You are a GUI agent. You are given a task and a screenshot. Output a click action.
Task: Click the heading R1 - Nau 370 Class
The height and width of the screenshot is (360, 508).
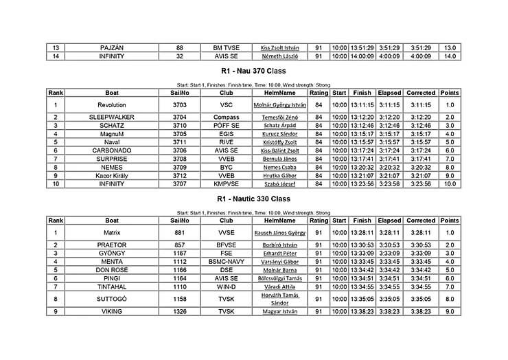click(254, 71)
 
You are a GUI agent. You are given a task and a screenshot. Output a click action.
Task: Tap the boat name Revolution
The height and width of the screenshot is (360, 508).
click(112, 104)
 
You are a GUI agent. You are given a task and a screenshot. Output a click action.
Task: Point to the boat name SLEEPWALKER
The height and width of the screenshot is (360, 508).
click(112, 117)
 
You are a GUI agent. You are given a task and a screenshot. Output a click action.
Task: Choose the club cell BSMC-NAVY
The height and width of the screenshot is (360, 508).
click(227, 262)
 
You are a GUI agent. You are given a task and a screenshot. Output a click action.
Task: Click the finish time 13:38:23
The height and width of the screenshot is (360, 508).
click(362, 311)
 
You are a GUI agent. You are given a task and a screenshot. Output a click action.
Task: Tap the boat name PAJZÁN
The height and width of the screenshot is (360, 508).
click(112, 47)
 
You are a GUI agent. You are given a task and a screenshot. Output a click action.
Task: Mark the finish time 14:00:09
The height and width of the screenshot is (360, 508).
click(362, 56)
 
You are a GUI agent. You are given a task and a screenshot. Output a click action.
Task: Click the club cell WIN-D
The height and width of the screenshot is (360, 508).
click(227, 286)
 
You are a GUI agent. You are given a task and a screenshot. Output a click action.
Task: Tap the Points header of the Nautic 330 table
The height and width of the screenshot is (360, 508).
click(450, 221)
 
